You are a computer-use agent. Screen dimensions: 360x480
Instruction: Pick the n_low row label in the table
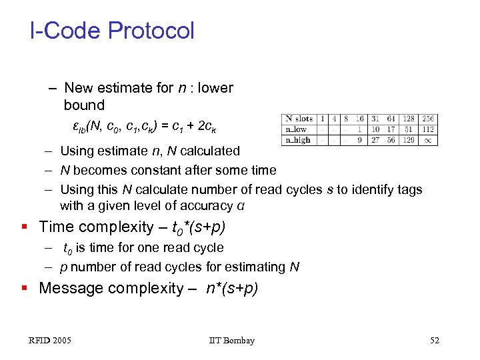point(296,129)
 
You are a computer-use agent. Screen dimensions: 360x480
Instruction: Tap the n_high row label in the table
point(297,140)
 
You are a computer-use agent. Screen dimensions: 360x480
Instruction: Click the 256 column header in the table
point(427,119)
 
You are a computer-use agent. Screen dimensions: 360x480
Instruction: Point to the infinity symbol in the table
point(427,140)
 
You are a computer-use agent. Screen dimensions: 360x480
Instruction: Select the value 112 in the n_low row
point(427,129)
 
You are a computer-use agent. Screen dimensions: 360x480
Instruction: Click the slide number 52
point(435,341)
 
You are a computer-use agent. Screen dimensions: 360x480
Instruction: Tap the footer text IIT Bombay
point(231,341)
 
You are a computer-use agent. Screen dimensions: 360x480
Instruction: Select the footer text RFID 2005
point(50,341)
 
